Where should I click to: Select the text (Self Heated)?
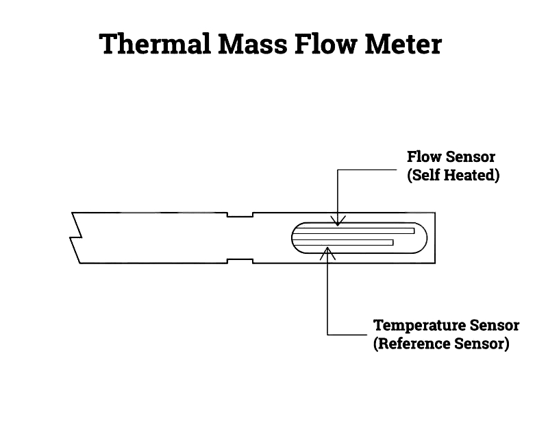(x=453, y=175)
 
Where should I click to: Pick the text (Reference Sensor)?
(x=441, y=343)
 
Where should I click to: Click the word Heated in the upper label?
(x=474, y=175)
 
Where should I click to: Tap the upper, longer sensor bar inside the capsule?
(x=356, y=231)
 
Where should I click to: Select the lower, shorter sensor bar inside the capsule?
(x=346, y=242)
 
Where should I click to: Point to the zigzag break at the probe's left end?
(x=76, y=237)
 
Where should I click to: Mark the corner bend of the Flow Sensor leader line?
(x=338, y=166)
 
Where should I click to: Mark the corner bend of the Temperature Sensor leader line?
(x=329, y=334)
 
